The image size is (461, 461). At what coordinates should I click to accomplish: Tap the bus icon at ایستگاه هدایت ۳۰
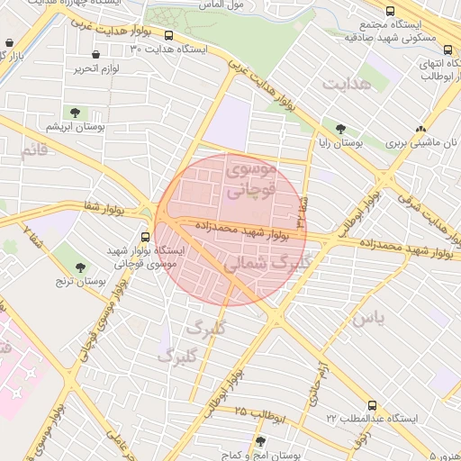pos(168,36)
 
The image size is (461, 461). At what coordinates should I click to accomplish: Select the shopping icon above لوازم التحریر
pos(95,55)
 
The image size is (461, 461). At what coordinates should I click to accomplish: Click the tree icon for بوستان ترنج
pos(81,267)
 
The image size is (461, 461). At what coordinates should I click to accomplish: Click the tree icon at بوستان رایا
pos(339,128)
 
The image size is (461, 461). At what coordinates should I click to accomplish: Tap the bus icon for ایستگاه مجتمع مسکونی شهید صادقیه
pos(389,11)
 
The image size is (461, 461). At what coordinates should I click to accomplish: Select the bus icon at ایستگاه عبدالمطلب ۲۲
pos(372,405)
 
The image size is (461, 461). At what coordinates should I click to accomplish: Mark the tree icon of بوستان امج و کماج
pos(260,441)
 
